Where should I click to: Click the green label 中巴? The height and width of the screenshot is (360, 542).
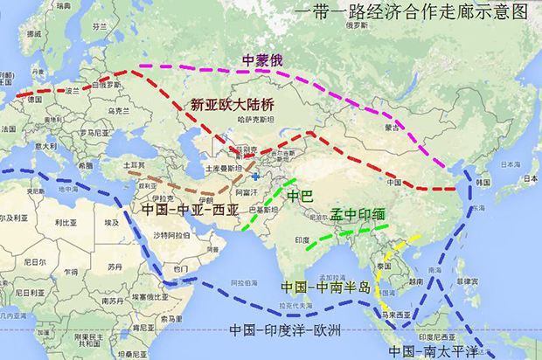click(299, 195)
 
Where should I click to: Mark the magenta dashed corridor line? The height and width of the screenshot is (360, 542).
click(350, 79)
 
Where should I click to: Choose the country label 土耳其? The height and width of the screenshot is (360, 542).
click(134, 163)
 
